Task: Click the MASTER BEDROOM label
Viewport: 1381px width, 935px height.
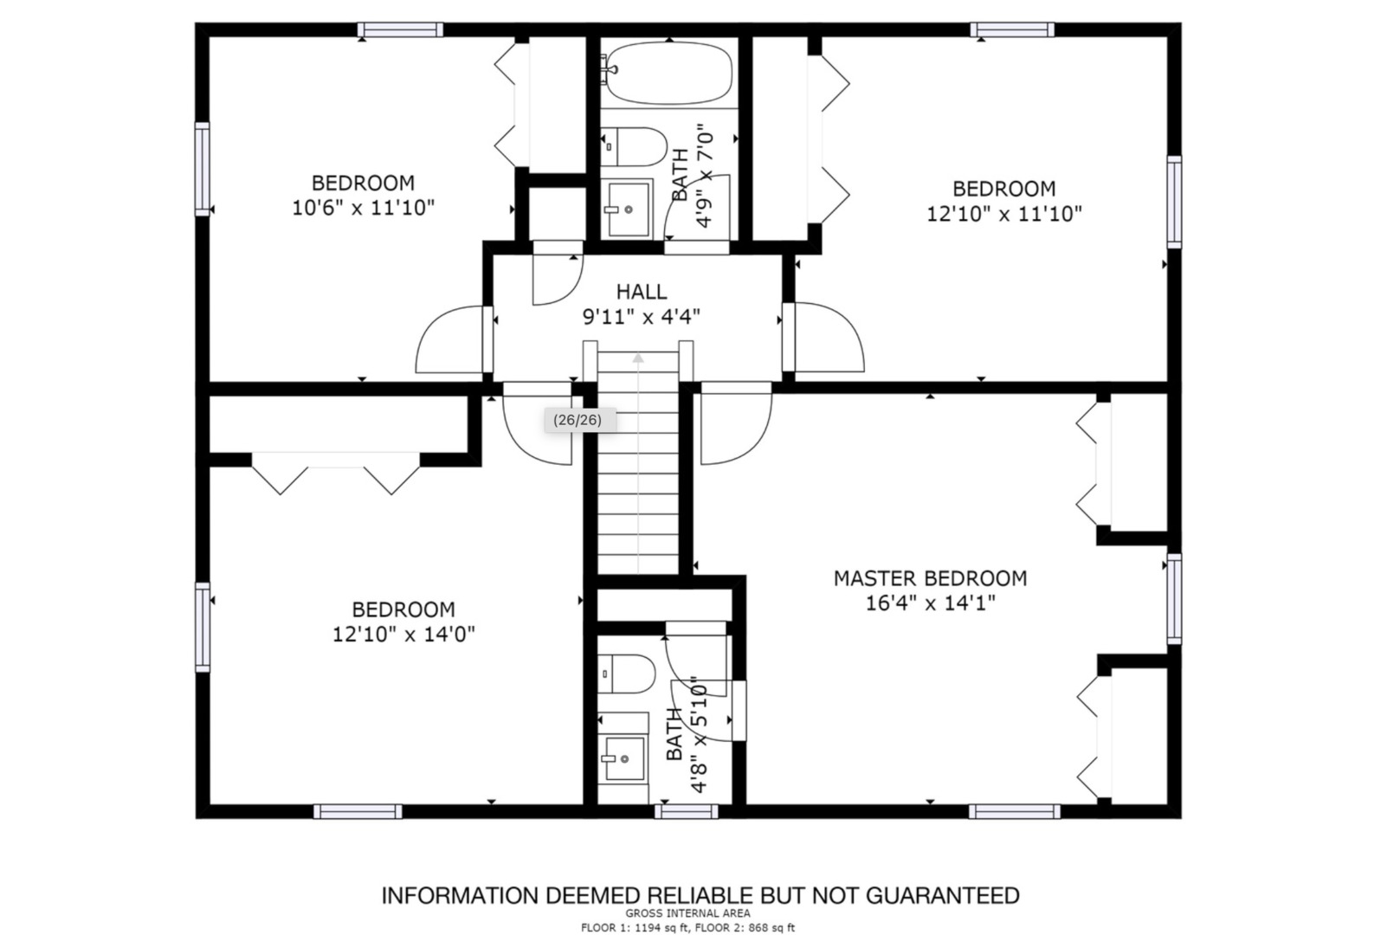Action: point(930,578)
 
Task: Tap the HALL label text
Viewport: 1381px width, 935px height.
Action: point(642,291)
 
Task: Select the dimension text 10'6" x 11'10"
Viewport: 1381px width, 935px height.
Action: point(363,208)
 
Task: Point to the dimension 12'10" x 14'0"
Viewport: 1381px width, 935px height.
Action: point(403,635)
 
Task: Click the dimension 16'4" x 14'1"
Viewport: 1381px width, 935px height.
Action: point(930,603)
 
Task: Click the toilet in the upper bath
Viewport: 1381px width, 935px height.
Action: point(634,146)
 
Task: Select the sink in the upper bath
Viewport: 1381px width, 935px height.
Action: point(628,209)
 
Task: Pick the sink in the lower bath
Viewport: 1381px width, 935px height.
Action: point(623,758)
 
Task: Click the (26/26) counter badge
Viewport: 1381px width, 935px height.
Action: point(578,421)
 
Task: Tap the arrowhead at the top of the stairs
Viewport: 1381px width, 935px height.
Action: point(638,358)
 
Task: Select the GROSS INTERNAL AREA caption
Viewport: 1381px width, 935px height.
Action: point(688,913)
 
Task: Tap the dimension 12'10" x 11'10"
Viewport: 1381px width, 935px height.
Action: point(1004,214)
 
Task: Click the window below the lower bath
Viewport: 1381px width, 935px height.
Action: point(687,812)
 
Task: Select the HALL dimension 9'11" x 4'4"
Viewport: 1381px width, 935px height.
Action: point(642,316)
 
